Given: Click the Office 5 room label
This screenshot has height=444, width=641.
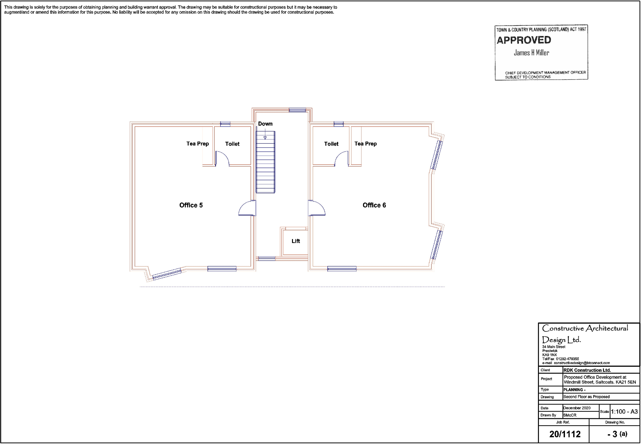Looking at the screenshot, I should pyautogui.click(x=191, y=205).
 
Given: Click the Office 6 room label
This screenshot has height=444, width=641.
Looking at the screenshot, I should pyautogui.click(x=374, y=205).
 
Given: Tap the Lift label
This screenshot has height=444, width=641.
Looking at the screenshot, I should pyautogui.click(x=295, y=241).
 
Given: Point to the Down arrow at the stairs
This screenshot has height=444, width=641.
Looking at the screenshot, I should pyautogui.click(x=265, y=135).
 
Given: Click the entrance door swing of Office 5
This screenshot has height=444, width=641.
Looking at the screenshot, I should pyautogui.click(x=247, y=208).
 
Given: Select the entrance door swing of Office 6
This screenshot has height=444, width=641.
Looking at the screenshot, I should pyautogui.click(x=317, y=208).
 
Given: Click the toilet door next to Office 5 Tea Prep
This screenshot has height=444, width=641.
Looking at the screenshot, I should pyautogui.click(x=223, y=158).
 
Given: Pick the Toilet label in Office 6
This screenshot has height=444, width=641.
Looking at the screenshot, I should pyautogui.click(x=331, y=144).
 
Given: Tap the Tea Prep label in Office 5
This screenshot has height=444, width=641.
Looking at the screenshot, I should pyautogui.click(x=197, y=144).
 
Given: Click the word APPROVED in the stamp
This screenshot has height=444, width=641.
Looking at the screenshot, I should pyautogui.click(x=524, y=40).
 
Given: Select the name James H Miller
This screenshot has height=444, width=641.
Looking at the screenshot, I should pyautogui.click(x=531, y=53).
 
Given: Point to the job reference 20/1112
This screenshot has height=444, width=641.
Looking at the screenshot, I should pyautogui.click(x=565, y=434).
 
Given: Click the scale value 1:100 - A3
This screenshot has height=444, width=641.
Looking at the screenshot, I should pyautogui.click(x=624, y=412).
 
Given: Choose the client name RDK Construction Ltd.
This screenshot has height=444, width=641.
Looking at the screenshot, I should pyautogui.click(x=587, y=370).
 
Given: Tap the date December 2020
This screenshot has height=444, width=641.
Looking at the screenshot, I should pyautogui.click(x=577, y=408).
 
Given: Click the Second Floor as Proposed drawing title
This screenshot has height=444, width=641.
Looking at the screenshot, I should pyautogui.click(x=586, y=397).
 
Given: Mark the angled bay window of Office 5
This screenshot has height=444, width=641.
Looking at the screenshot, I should pyautogui.click(x=167, y=274).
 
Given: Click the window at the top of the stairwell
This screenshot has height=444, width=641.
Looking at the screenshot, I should pyautogui.click(x=297, y=110).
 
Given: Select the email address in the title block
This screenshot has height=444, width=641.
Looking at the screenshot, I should pyautogui.click(x=582, y=363).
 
